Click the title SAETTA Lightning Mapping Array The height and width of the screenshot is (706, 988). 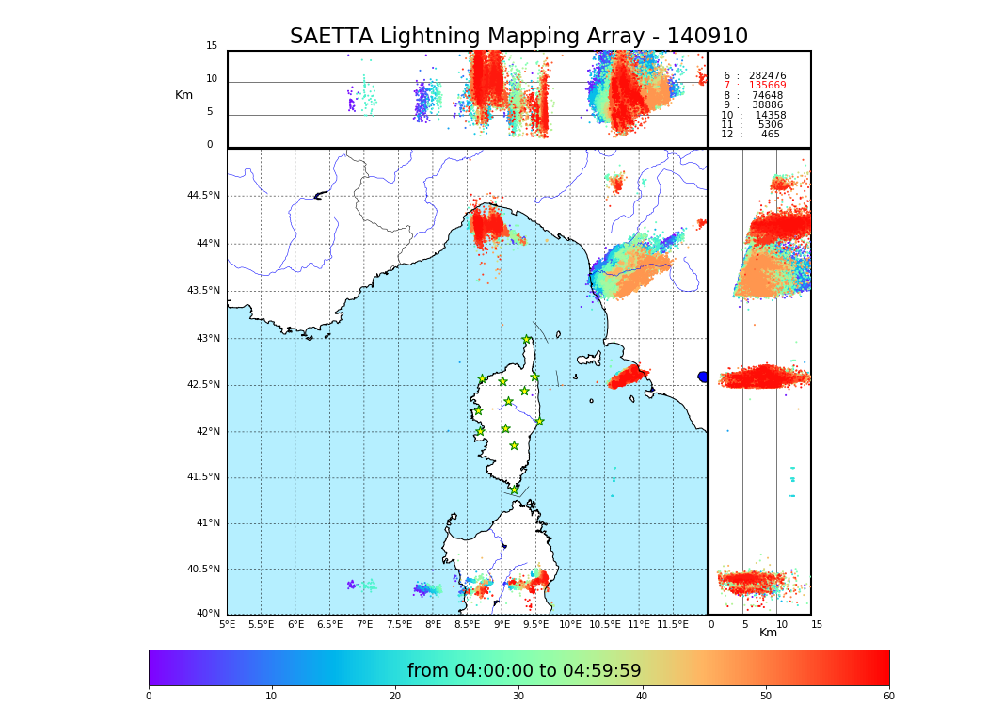518,37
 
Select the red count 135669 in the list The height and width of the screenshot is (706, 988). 767,86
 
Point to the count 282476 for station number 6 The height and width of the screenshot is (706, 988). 767,75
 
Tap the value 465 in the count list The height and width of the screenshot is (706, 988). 771,135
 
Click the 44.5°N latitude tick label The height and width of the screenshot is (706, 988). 203,196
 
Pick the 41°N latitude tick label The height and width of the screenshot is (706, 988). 207,523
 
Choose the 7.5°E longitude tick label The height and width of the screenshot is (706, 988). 399,624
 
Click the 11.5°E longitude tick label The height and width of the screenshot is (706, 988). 673,624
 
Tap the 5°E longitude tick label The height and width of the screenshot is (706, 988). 228,624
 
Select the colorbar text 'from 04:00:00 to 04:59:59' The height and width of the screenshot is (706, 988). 524,671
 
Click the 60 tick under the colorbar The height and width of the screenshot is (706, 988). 888,697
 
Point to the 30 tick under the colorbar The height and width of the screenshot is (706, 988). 518,697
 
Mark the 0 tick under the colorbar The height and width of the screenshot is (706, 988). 149,697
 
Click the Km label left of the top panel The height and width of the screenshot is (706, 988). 183,95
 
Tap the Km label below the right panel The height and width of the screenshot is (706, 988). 768,633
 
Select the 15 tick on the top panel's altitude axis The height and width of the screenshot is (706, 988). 212,46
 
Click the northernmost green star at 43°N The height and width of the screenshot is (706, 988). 527,340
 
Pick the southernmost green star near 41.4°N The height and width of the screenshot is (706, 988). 514,489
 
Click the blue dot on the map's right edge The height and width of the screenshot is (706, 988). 703,377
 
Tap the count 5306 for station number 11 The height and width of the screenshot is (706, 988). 770,124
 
